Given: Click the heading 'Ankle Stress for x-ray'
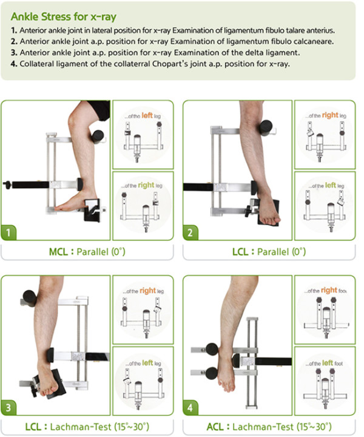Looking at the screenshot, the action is click(x=64, y=17).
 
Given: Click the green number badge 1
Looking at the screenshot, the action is click(x=8, y=232).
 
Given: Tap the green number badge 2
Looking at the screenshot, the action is click(x=190, y=232).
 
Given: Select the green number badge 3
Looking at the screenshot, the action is click(x=8, y=407).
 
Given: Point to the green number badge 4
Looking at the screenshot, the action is click(x=190, y=407).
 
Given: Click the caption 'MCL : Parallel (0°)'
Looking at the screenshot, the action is click(x=87, y=252).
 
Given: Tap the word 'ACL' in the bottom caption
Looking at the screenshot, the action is click(x=215, y=427).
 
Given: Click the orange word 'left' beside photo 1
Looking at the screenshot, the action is click(x=147, y=115).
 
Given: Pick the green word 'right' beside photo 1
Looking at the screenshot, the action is click(x=146, y=185).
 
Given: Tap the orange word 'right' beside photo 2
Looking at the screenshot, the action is click(x=330, y=115).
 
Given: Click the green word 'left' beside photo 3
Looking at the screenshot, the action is click(x=147, y=362).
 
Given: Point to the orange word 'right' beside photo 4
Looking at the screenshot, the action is click(x=329, y=290).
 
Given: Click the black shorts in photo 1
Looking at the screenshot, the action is click(x=99, y=109).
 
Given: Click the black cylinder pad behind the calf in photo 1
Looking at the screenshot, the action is click(x=98, y=137).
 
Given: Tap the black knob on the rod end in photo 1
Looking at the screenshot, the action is click(x=7, y=185).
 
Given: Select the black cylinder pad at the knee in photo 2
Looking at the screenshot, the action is click(x=266, y=128).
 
